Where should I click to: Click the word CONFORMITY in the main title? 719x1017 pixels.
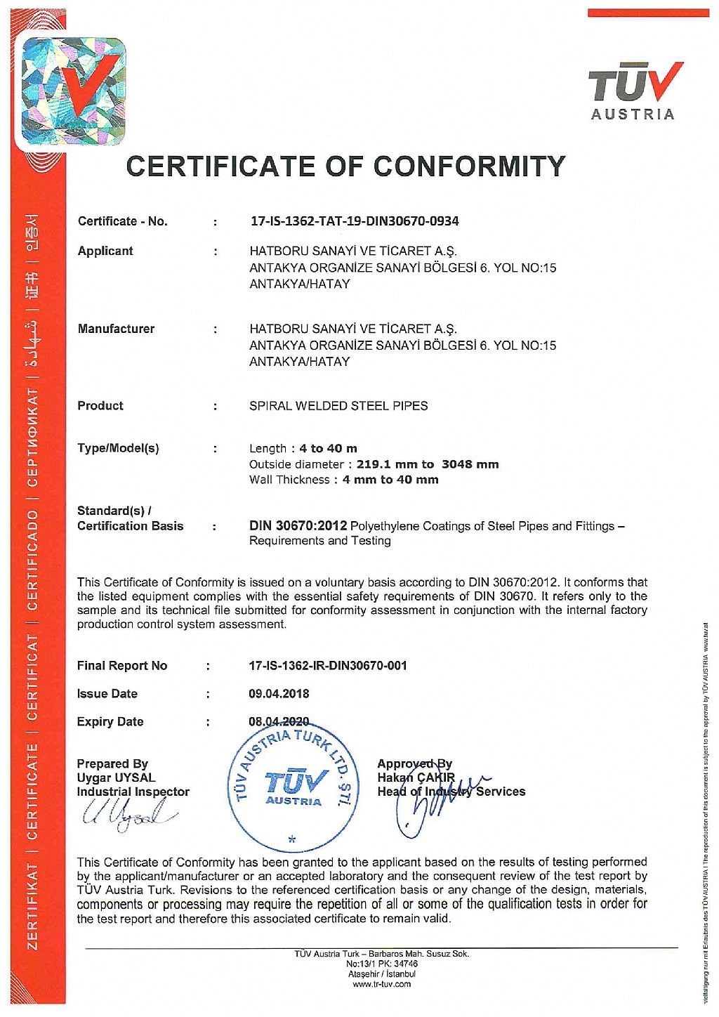click(469, 166)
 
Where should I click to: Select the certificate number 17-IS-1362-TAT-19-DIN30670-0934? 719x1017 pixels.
click(355, 221)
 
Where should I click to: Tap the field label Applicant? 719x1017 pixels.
click(105, 251)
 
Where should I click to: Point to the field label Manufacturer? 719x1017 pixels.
click(116, 328)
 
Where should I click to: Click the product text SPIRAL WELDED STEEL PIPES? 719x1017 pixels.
click(338, 405)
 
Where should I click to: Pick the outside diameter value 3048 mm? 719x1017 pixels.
click(470, 464)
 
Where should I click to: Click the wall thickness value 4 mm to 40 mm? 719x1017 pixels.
click(390, 480)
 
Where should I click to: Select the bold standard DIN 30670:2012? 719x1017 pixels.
click(298, 525)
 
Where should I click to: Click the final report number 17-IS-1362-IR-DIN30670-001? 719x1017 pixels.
click(328, 665)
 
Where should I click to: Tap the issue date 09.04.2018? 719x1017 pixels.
click(279, 693)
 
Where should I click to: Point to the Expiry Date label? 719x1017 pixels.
click(110, 721)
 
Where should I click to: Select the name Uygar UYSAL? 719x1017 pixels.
click(116, 777)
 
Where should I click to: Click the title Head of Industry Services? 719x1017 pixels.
click(451, 792)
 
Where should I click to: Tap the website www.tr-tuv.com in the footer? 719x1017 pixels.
click(381, 984)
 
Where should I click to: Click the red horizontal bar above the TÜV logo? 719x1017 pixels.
click(648, 13)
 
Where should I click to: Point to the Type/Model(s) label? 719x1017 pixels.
click(118, 448)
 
